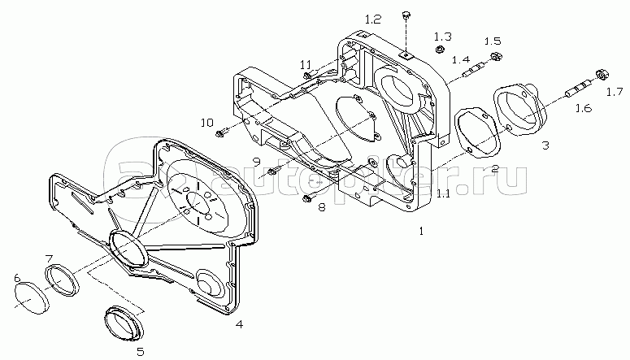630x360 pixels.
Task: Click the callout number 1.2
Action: click(x=372, y=20)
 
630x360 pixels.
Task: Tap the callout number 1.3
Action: click(x=443, y=37)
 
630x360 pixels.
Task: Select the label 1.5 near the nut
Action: click(x=492, y=41)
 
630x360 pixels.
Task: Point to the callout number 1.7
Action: click(x=615, y=93)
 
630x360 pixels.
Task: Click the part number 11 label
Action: click(x=306, y=64)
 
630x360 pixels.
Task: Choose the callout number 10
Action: click(x=207, y=123)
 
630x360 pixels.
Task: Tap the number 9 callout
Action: click(x=257, y=162)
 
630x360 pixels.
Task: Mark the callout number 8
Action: click(x=322, y=208)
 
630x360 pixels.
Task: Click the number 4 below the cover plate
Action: click(x=239, y=324)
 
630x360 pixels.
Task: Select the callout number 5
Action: click(x=140, y=352)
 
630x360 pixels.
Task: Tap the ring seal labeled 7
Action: click(x=62, y=280)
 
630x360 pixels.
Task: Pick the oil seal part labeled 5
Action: click(x=124, y=323)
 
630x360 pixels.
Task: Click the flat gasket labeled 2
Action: click(x=478, y=132)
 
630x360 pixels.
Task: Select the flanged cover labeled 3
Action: click(x=519, y=109)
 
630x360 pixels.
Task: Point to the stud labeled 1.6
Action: click(x=578, y=89)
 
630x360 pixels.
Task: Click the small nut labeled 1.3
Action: click(x=440, y=50)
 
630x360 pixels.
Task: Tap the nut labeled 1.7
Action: click(x=602, y=74)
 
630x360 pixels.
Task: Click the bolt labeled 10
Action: click(x=222, y=132)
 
